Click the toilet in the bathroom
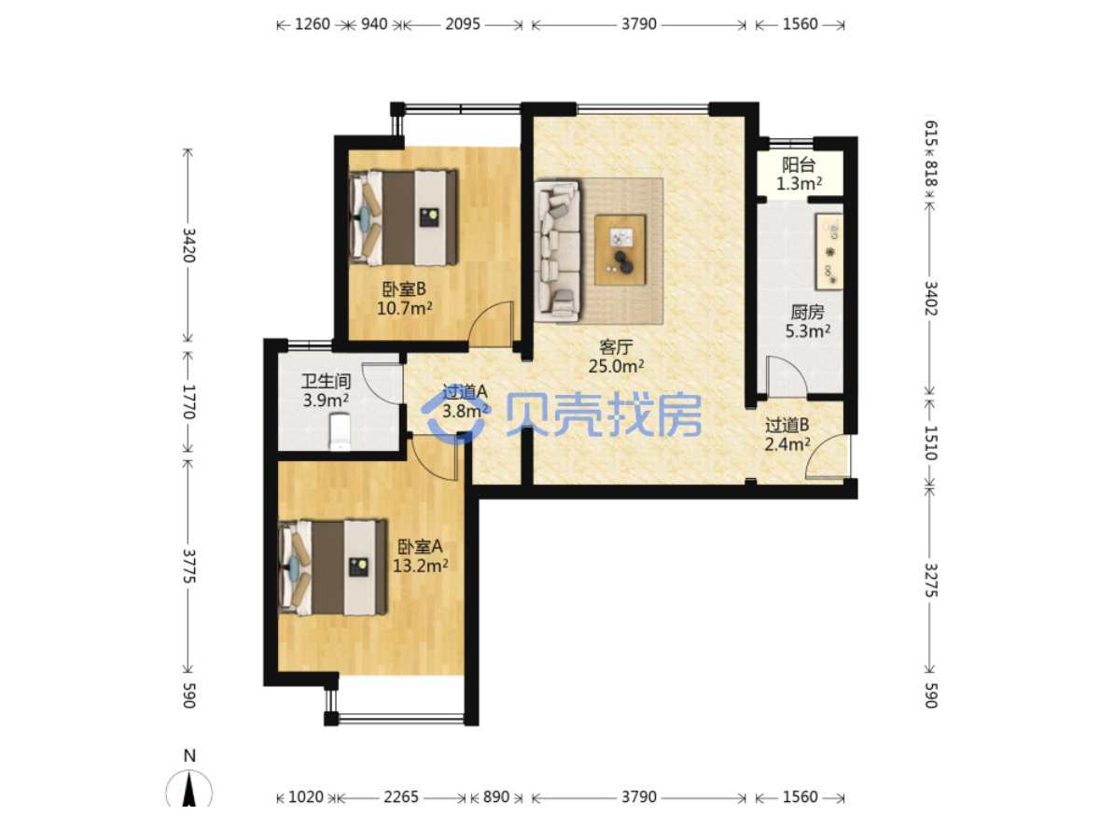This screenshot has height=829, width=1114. pos(341,432)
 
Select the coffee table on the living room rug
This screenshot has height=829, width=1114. pos(620,249)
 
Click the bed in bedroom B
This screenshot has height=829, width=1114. pos(403,218)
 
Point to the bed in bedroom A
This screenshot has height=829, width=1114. pos(334,568)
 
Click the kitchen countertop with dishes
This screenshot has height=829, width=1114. pos(829,251)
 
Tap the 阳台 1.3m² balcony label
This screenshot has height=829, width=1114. pos(799,175)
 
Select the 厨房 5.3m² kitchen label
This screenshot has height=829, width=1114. pos(808,321)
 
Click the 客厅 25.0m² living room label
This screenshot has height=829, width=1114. pos(616,357)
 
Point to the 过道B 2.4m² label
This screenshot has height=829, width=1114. pos(787,434)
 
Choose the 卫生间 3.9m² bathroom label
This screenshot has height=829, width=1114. pos(327,390)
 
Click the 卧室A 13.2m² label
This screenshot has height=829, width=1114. pos(421,556)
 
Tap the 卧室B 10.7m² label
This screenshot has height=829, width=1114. pos(404,299)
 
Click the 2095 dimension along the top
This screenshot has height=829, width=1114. pos(463,24)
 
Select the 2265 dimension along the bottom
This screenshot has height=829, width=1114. pos(401,797)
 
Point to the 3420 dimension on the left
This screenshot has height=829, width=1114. pos(189,245)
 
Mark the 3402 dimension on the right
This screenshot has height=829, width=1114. pos(931,299)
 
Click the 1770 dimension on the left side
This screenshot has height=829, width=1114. pos(189,401)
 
